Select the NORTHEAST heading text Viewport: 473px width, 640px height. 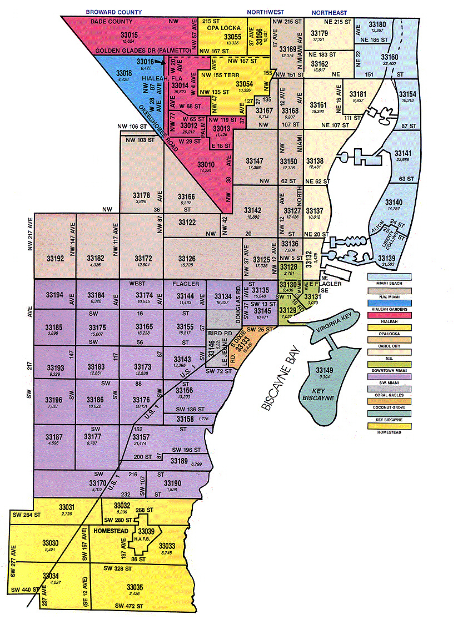(x=329, y=12)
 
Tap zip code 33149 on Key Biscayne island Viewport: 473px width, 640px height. (x=325, y=370)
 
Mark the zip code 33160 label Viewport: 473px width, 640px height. (x=390, y=57)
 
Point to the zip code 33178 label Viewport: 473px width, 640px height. (x=141, y=195)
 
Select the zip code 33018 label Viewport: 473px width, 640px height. (x=123, y=73)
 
